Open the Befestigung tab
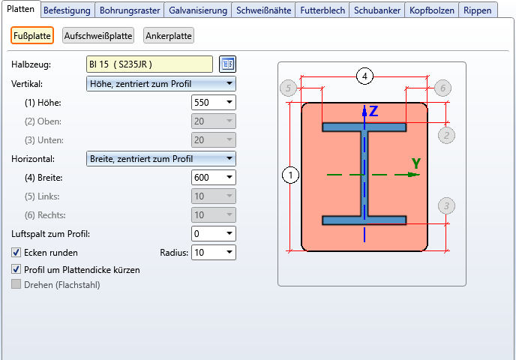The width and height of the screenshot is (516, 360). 67,10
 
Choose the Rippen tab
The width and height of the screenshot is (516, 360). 478,10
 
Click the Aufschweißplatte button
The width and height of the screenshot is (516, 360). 98,36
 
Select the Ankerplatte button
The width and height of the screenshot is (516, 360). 169,36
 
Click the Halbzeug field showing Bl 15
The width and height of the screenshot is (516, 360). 150,64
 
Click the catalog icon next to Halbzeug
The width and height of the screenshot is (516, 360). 227,64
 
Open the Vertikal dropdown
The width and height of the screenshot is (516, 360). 161,83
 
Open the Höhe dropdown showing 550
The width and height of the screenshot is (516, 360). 214,102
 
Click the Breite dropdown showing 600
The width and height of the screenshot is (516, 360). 214,178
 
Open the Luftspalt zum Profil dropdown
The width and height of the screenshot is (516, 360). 214,234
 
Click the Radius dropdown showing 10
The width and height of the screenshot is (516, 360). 214,253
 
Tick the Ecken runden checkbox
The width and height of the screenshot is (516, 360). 16,253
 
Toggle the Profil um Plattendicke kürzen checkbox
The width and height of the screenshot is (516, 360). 16,269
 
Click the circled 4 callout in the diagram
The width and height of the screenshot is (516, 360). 364,76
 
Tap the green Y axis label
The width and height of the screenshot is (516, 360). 415,163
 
